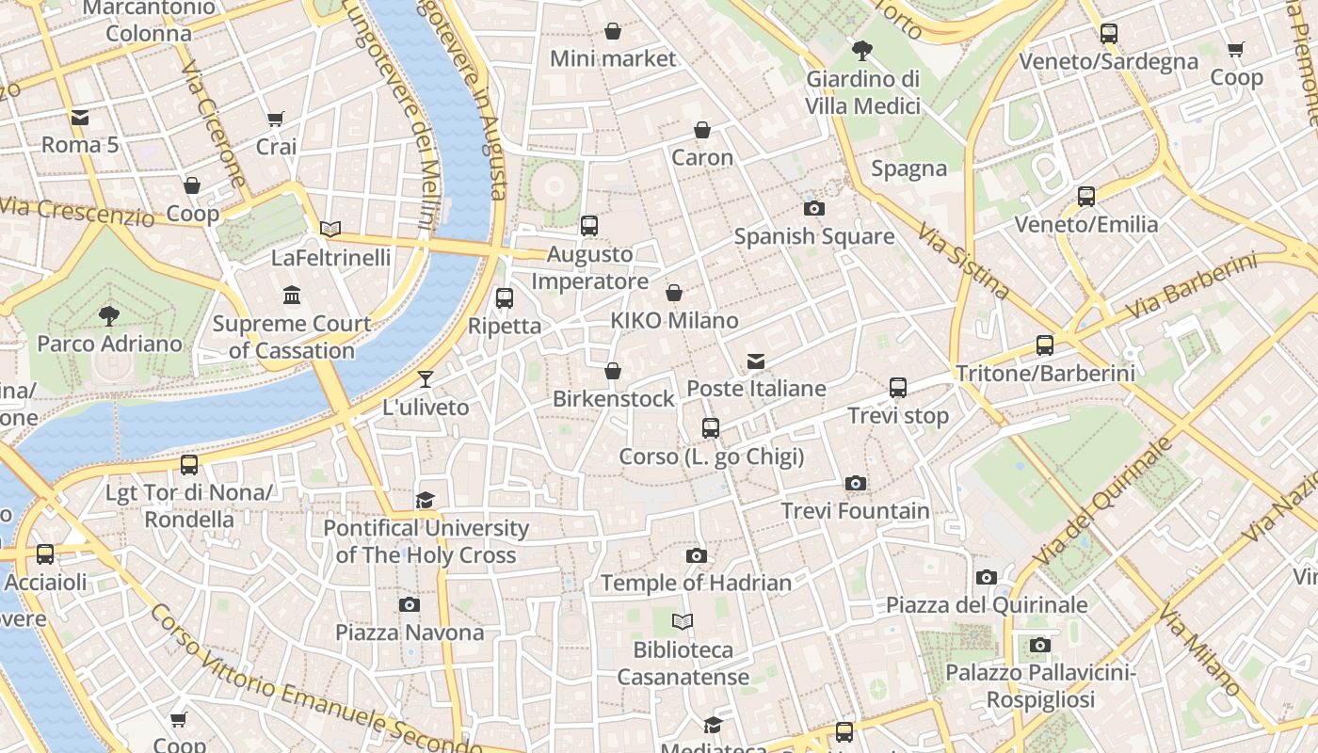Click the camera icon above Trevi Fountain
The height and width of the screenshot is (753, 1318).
pyautogui.click(x=855, y=484)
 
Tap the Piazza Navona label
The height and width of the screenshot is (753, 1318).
pyautogui.click(x=410, y=633)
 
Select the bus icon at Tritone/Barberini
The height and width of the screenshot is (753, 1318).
pyautogui.click(x=1044, y=345)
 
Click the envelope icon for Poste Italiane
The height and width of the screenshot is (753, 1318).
pyautogui.click(x=755, y=361)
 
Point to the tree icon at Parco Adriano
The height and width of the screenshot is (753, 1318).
pyautogui.click(x=109, y=316)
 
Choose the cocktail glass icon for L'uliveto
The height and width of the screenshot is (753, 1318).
pyautogui.click(x=426, y=379)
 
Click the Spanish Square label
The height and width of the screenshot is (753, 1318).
pyautogui.click(x=813, y=236)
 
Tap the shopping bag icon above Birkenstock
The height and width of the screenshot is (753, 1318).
pyautogui.click(x=613, y=372)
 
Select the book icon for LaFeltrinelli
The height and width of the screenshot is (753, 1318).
pyautogui.click(x=329, y=229)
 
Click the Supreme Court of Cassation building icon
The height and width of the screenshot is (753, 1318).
pyautogui.click(x=292, y=296)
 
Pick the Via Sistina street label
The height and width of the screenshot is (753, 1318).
pyautogui.click(x=963, y=262)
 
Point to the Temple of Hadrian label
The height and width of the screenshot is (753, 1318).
pyautogui.click(x=696, y=584)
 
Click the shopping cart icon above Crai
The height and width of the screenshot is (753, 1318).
pyautogui.click(x=275, y=120)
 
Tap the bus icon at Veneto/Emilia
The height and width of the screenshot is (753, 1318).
pyautogui.click(x=1085, y=197)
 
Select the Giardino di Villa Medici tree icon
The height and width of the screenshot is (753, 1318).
pyautogui.click(x=861, y=51)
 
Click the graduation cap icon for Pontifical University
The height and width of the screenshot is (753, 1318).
pyautogui.click(x=426, y=500)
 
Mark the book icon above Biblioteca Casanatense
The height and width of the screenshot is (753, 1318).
pyautogui.click(x=683, y=621)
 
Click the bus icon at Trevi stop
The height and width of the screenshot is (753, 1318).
pyautogui.click(x=897, y=388)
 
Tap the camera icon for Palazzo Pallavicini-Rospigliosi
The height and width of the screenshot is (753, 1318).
pyautogui.click(x=1039, y=646)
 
